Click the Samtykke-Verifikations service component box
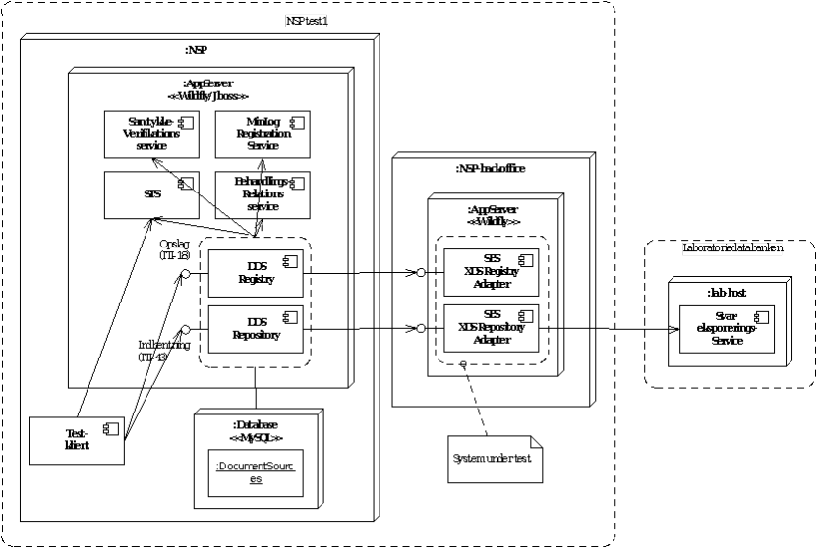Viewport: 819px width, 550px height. (150, 134)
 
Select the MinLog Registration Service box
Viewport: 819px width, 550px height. (263, 134)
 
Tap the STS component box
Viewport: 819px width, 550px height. (150, 195)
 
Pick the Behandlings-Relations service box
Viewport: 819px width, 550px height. (263, 194)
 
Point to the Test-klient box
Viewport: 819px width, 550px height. (77, 439)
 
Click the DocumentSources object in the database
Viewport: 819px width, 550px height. (255, 472)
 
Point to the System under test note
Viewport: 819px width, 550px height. (492, 459)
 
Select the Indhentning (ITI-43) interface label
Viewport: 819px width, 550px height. (163, 351)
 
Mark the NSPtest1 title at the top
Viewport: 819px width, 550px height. (308, 21)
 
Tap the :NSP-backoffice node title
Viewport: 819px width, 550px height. (490, 168)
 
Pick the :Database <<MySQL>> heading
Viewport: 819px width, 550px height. (256, 429)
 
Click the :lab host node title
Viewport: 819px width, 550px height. (726, 291)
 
